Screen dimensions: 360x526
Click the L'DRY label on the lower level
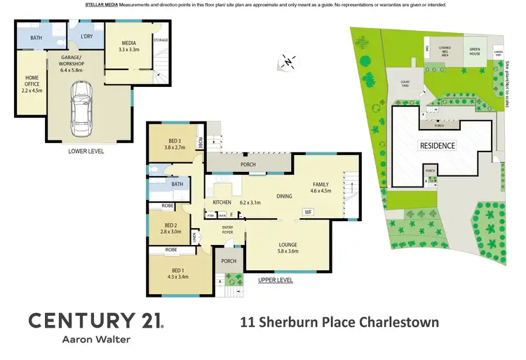click(87, 36)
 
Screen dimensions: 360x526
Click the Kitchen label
click(222, 203)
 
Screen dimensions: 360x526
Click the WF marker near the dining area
click(307, 211)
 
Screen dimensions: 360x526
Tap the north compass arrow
click(288, 62)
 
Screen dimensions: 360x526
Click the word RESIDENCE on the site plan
click(438, 145)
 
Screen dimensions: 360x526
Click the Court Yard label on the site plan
click(405, 84)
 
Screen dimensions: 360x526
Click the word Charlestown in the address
click(397, 323)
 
